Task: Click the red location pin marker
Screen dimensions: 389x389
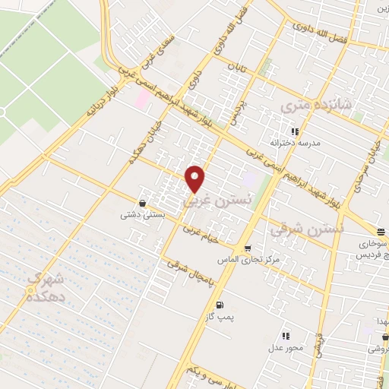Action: (x=196, y=178)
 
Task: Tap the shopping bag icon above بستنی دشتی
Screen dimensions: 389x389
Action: (x=143, y=203)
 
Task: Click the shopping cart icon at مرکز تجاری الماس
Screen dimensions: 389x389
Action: (x=248, y=248)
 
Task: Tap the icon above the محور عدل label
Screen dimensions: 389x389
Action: (x=285, y=335)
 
